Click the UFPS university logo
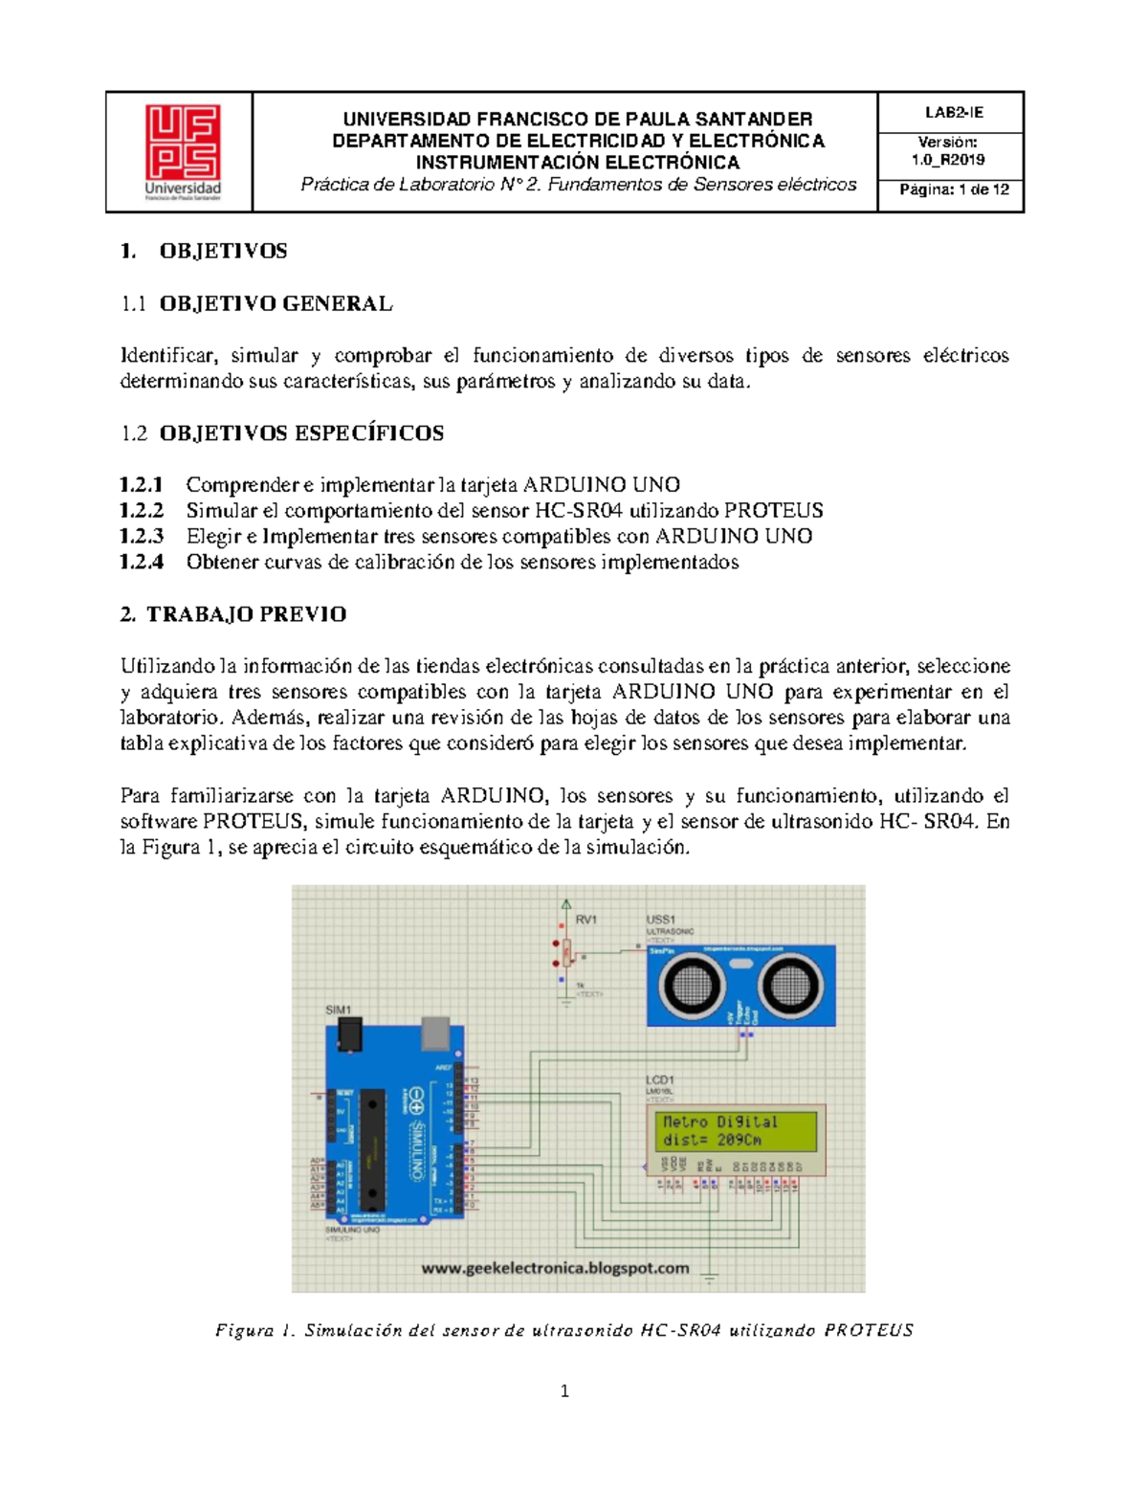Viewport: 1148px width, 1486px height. tap(182, 151)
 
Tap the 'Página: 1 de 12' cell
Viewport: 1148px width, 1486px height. tap(953, 189)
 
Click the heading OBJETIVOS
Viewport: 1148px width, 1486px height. tap(223, 251)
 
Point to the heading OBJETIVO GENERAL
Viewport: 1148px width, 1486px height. tap(276, 303)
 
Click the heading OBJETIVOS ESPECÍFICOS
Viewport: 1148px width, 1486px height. tap(301, 432)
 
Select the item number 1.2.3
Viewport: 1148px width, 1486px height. tap(142, 536)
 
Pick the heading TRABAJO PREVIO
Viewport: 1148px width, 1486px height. tap(246, 614)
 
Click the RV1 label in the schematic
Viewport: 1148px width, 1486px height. tap(585, 919)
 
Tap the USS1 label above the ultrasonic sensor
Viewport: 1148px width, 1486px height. tap(660, 919)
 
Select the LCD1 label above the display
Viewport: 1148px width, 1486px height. tap(659, 1080)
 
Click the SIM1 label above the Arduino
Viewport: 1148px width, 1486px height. tap(339, 1009)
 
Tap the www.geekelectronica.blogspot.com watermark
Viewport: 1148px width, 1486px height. tap(555, 1268)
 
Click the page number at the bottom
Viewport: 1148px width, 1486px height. tap(564, 1391)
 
